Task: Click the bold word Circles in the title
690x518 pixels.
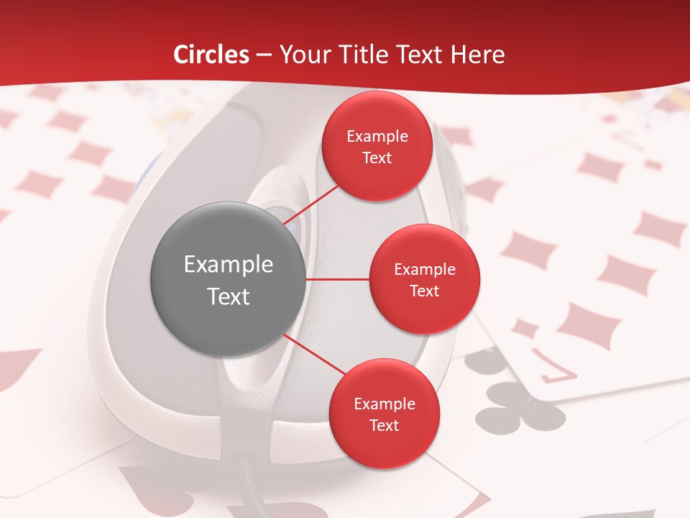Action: click(x=211, y=55)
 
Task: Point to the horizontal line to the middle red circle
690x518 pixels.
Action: click(x=338, y=279)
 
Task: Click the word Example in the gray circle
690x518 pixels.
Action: click(x=229, y=265)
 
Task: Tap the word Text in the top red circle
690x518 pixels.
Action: click(x=377, y=158)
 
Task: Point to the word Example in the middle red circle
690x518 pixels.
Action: click(x=424, y=270)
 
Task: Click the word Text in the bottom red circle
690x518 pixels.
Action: click(x=384, y=425)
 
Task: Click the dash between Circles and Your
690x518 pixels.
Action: click(x=264, y=55)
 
